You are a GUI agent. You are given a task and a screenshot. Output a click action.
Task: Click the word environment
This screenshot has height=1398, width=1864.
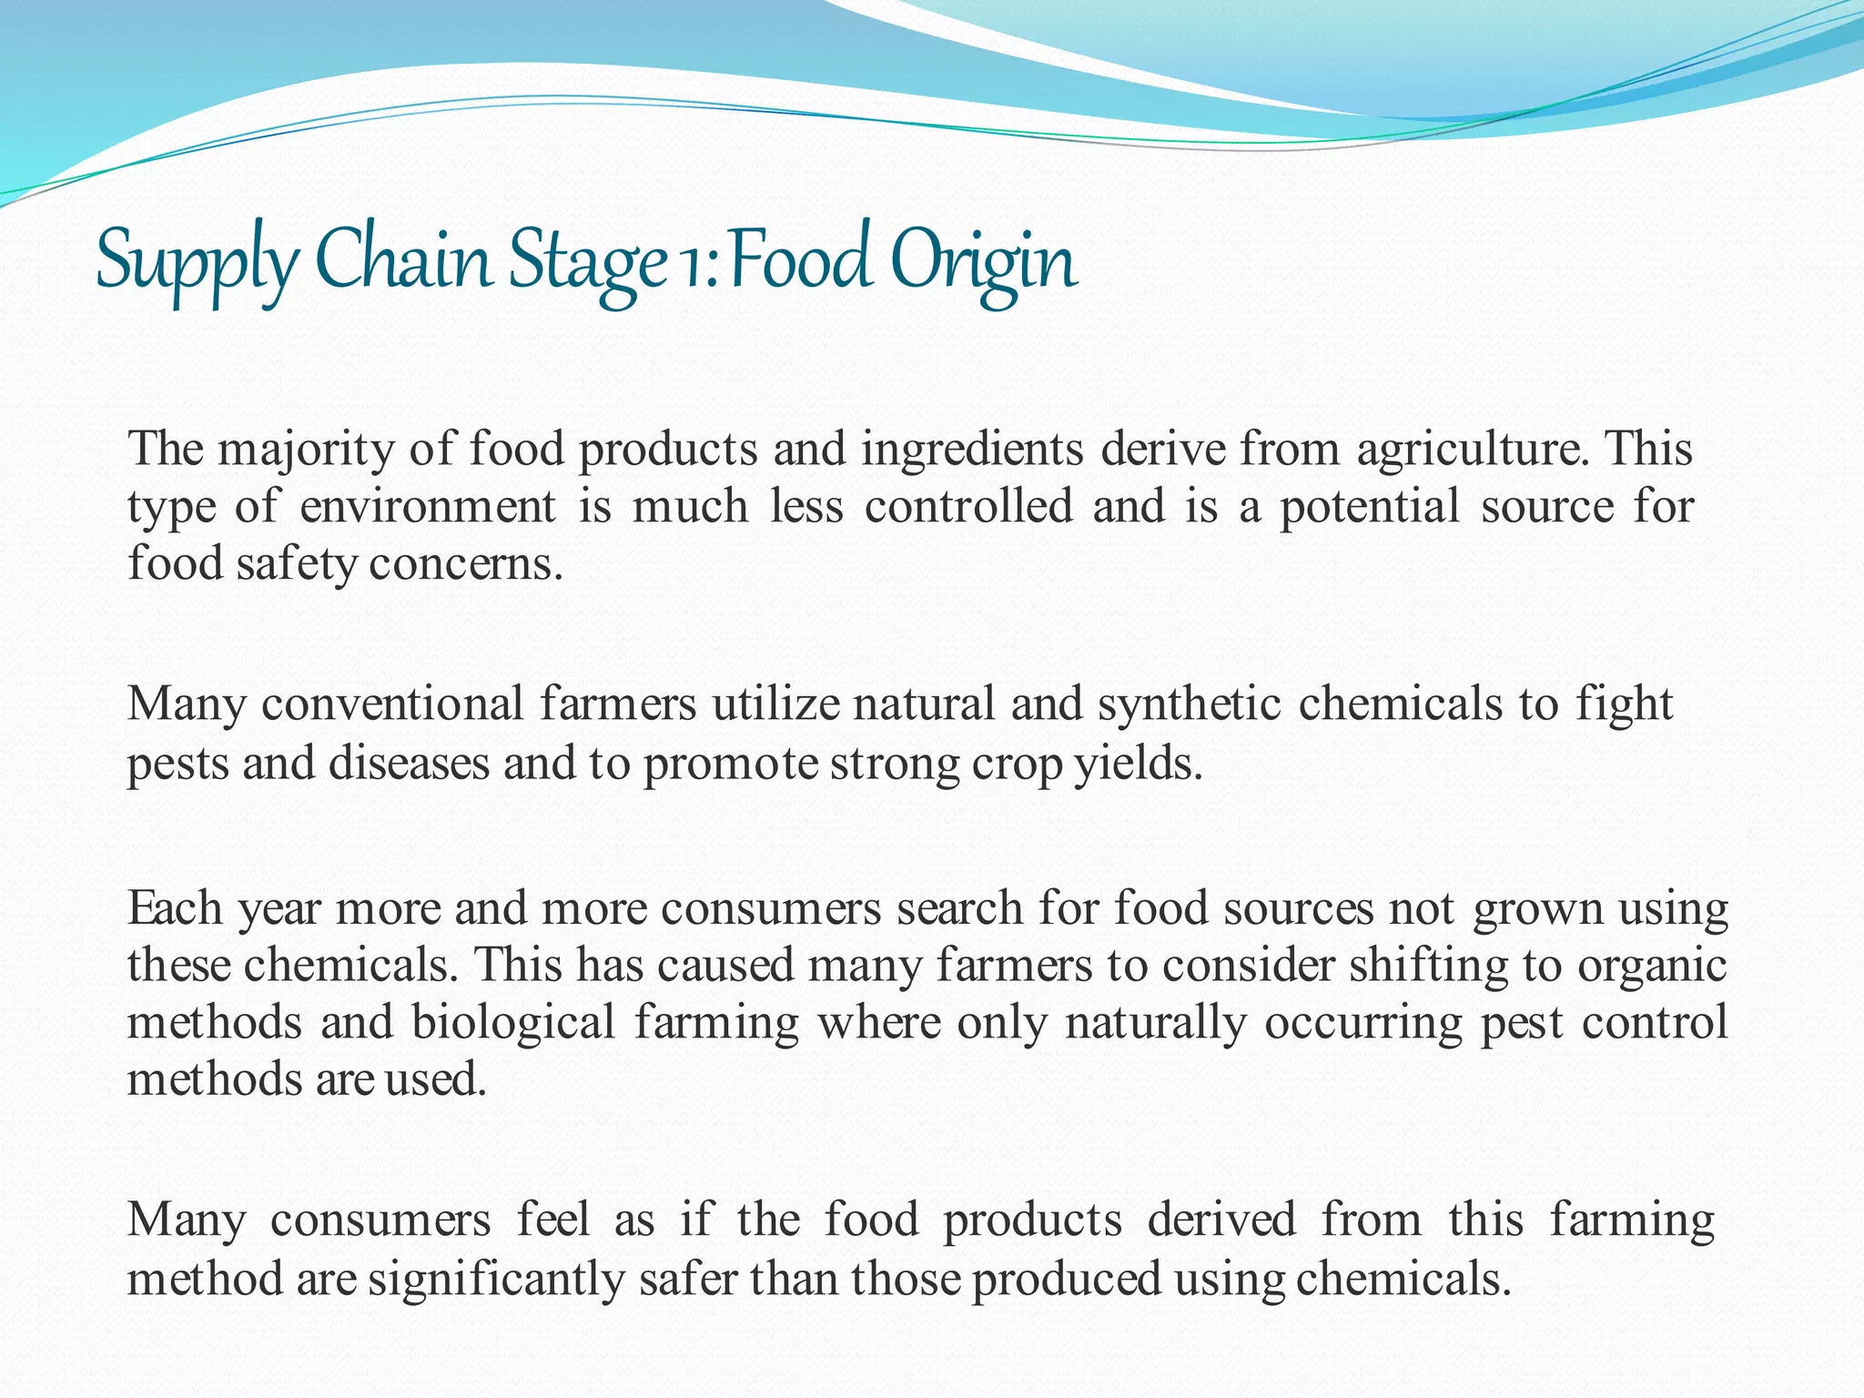coord(427,506)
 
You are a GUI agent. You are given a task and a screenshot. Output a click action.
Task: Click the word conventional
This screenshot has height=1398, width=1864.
coord(392,704)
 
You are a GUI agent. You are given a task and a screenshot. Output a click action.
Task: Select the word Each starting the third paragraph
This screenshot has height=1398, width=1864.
coord(175,908)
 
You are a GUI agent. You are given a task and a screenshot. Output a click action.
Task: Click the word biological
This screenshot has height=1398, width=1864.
coord(513,1022)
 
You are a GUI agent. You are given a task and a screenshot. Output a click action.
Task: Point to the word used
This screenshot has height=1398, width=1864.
coord(437,1079)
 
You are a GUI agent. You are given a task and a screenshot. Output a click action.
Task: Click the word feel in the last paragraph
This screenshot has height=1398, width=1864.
coord(552,1220)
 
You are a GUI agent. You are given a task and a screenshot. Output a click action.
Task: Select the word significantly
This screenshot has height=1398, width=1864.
coord(496,1279)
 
